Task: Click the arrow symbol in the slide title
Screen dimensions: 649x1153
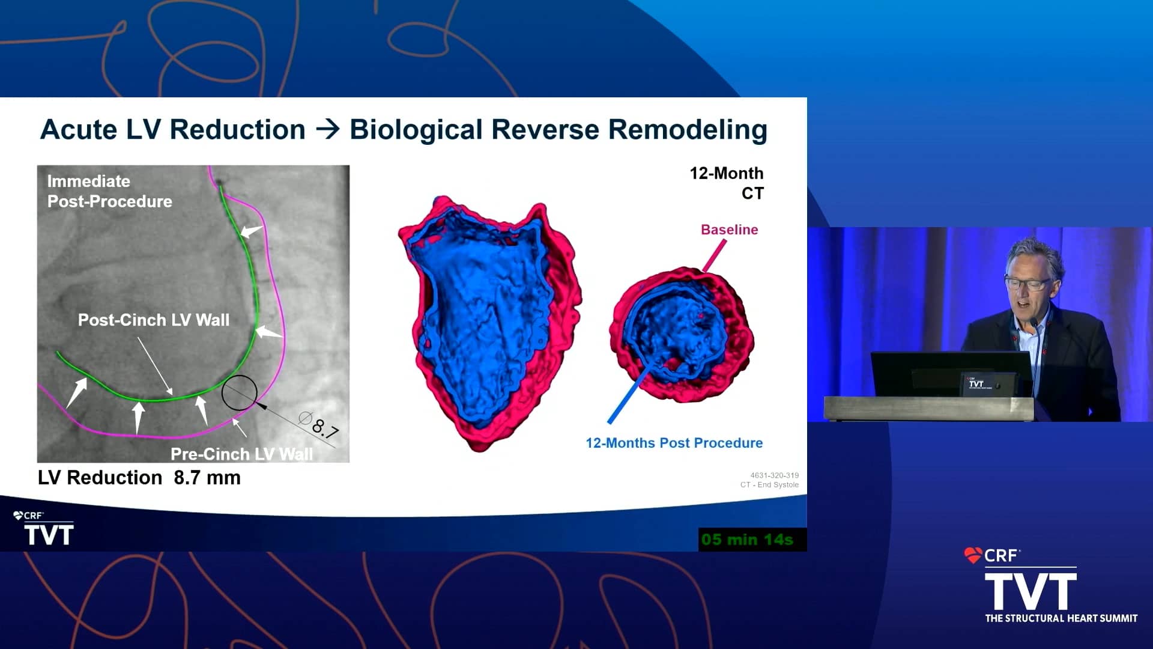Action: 328,129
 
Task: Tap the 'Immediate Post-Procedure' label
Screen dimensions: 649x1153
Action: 109,191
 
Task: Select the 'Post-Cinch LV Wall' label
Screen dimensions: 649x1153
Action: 154,320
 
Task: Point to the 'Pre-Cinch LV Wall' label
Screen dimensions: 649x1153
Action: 241,454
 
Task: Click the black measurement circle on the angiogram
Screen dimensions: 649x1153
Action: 239,392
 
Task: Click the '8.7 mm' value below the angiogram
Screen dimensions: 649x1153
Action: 207,478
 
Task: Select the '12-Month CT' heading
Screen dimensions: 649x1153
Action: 727,183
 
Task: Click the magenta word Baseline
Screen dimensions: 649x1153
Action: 729,230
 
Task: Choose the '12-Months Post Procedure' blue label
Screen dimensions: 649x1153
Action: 674,443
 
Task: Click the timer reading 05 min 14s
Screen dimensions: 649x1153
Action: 747,540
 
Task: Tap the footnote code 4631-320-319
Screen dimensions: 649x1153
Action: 774,475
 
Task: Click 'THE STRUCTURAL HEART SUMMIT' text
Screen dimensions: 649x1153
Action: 1061,618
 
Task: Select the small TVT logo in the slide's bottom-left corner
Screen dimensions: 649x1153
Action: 48,534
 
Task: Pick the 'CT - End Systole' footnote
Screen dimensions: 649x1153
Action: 769,485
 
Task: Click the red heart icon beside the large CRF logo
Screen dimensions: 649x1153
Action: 972,555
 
